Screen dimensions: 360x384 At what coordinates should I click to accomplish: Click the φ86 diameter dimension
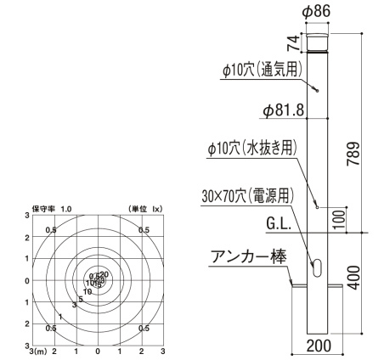click(316, 11)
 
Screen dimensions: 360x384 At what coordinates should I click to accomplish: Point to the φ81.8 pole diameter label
click(284, 110)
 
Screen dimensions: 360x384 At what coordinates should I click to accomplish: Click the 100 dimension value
click(340, 218)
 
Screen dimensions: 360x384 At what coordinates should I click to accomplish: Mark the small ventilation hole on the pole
click(316, 92)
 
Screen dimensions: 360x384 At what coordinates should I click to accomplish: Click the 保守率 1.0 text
click(52, 208)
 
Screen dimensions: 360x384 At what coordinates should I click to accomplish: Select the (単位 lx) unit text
click(145, 208)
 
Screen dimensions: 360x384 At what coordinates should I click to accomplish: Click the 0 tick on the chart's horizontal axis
click(98, 350)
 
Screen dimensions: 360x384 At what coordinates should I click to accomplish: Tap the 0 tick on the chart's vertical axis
click(27, 280)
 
